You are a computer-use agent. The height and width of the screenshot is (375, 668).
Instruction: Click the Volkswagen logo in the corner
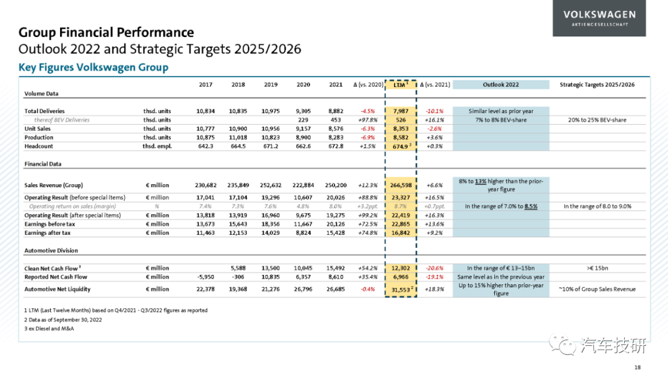point(599,19)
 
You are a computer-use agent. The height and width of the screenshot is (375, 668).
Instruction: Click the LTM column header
point(400,85)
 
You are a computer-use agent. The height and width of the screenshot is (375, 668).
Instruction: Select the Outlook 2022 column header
point(500,85)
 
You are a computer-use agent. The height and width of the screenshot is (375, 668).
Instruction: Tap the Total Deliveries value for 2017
point(205,111)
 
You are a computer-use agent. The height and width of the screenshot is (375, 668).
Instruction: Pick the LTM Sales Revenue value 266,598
point(401,185)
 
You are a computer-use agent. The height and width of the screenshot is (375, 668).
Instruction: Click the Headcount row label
point(39,146)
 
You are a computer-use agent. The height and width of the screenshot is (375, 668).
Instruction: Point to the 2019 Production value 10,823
point(270,138)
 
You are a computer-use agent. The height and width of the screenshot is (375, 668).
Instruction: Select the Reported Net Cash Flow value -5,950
point(206,277)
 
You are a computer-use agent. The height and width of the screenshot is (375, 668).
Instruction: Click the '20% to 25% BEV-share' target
point(597,120)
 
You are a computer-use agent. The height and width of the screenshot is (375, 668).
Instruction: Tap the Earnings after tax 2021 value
point(335,233)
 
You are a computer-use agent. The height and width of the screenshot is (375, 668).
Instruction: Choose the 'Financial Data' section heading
point(43,164)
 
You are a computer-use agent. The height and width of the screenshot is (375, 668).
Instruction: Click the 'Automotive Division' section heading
point(51,251)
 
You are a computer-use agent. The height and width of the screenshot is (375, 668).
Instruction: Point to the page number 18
point(637,368)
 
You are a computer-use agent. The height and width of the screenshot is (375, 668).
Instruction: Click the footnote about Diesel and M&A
point(49,329)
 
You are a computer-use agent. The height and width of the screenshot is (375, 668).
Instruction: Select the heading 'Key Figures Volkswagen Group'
point(93,67)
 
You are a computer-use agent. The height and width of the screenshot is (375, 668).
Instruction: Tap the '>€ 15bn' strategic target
point(597,268)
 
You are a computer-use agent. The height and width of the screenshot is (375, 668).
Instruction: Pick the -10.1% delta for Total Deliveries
point(435,111)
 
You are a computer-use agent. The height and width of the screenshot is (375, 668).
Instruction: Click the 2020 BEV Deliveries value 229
point(303,120)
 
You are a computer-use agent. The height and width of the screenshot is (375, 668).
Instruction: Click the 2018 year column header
point(238,85)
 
